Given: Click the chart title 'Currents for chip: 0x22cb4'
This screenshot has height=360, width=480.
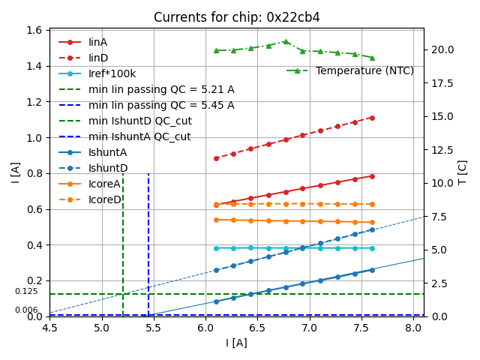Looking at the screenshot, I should coord(236,17).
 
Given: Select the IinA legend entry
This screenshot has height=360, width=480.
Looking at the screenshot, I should coord(97,42).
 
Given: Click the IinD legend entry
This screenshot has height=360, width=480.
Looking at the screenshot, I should coord(97,58).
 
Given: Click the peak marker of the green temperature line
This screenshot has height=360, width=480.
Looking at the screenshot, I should coord(286,41).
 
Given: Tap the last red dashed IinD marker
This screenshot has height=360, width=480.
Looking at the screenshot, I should coord(372,118).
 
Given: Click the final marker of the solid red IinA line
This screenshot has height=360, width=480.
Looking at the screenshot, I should coord(372,176).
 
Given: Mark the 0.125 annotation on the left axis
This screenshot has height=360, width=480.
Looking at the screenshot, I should coord(26,291).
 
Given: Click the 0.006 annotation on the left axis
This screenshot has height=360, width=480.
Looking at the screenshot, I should coord(26,310).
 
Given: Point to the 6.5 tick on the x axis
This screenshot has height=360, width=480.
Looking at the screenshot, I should coord(257,328).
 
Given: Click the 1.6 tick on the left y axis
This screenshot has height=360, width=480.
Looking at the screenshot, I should coord(34,30).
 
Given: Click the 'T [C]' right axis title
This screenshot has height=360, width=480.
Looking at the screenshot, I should coord(462,172).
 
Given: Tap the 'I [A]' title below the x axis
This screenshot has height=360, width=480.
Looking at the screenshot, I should coord(236,343).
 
